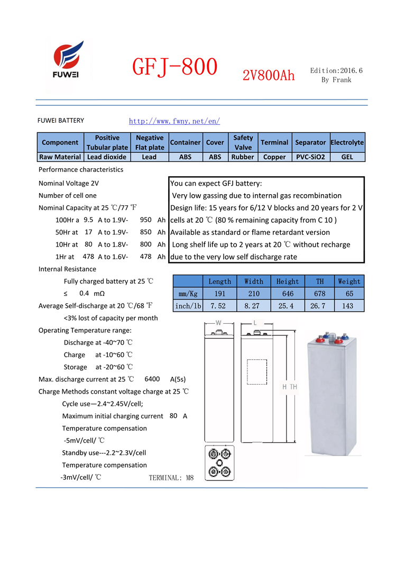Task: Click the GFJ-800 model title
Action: coord(174,68)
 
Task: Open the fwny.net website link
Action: coord(174,121)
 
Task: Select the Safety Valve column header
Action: coord(243,142)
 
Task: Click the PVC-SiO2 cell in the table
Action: coord(310,157)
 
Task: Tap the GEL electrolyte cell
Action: coord(347,157)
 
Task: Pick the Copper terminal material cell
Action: coord(274,157)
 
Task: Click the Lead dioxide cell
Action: coord(107,157)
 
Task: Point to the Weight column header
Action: coord(349,281)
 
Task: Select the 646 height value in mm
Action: coord(287,294)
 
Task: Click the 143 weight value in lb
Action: coord(349,306)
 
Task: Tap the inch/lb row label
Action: coord(188,306)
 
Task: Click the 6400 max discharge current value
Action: coord(152,379)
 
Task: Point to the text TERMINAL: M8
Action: coord(171,478)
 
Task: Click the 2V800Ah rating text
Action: coord(269,76)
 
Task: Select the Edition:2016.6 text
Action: coord(336,70)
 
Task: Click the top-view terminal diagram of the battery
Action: coord(219,462)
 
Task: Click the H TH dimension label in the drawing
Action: coord(290,387)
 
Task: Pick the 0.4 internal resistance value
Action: coord(84,293)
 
